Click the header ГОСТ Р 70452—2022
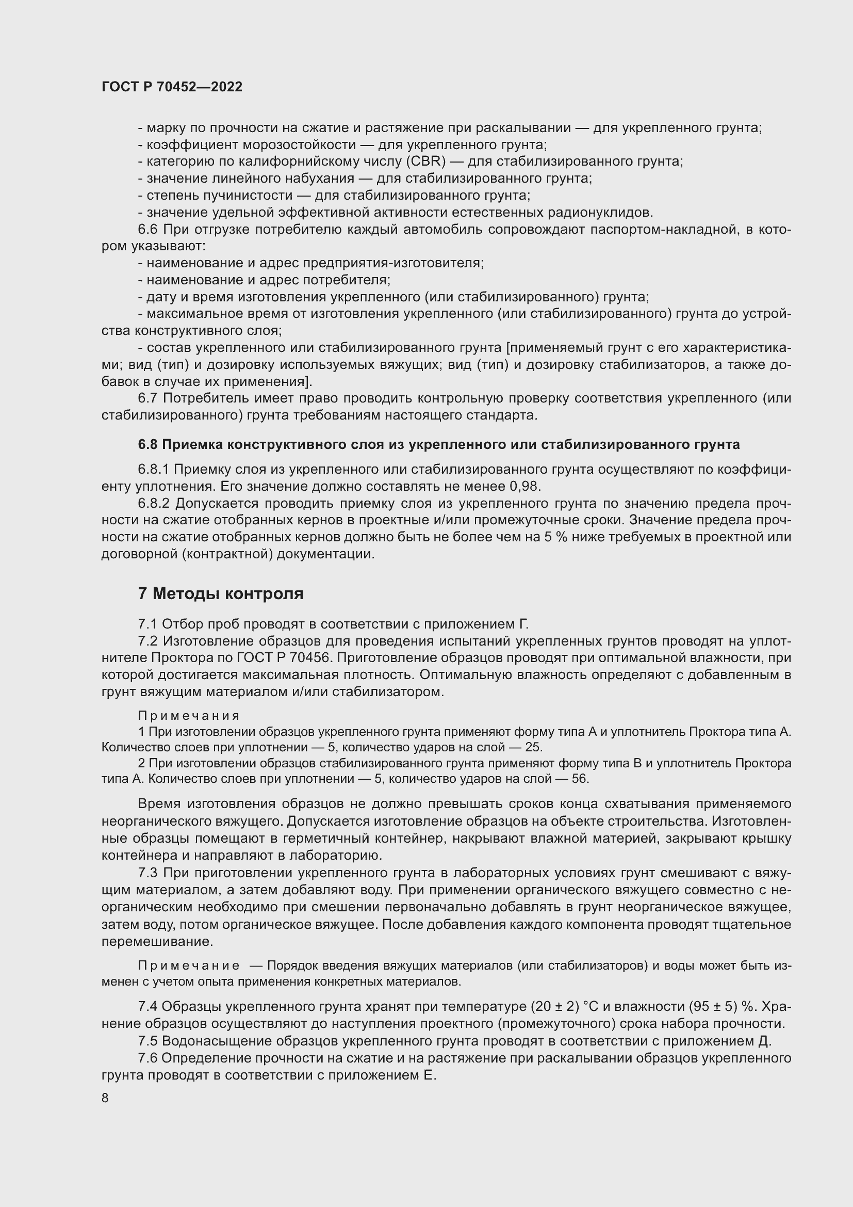click(x=172, y=87)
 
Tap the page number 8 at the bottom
click(x=105, y=1098)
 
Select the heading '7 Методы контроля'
click(x=221, y=593)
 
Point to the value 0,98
click(x=524, y=486)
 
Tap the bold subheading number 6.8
click(x=147, y=444)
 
